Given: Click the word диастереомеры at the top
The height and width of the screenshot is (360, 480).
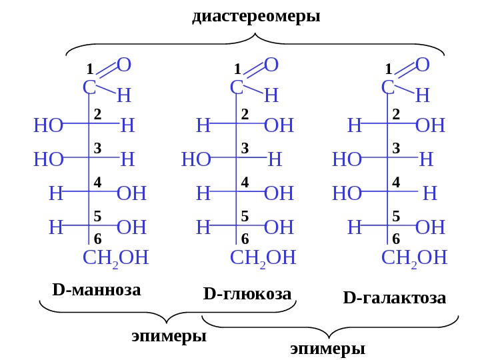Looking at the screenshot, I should [x=256, y=16].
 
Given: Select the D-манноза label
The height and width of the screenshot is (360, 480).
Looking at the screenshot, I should [x=96, y=291].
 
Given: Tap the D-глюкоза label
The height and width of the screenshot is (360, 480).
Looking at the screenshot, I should [x=247, y=293].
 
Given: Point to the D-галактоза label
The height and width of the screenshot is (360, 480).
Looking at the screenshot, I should [x=395, y=297].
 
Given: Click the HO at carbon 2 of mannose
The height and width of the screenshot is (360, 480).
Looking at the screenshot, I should [x=47, y=125].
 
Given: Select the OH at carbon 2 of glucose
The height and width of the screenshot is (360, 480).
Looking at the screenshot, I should [x=279, y=125].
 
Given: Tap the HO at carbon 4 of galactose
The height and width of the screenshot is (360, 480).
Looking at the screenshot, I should [x=346, y=193].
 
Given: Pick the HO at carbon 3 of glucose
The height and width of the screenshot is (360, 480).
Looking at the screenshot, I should [x=196, y=159].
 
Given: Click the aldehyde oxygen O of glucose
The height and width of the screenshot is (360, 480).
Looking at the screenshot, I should [x=271, y=65].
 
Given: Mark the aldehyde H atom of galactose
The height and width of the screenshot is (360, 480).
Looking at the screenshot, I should [x=422, y=96].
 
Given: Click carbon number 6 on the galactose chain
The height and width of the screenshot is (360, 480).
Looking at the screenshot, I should [x=396, y=239].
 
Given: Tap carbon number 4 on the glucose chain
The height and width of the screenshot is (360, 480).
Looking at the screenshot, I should [x=245, y=181].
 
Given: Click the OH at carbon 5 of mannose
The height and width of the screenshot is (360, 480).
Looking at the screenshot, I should [x=131, y=227].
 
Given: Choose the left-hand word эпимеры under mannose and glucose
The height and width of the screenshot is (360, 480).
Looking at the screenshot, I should [x=170, y=335].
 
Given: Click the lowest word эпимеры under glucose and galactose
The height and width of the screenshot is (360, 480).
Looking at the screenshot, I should [x=328, y=349].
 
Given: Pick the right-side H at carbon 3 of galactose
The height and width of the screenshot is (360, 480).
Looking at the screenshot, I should [x=427, y=159].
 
